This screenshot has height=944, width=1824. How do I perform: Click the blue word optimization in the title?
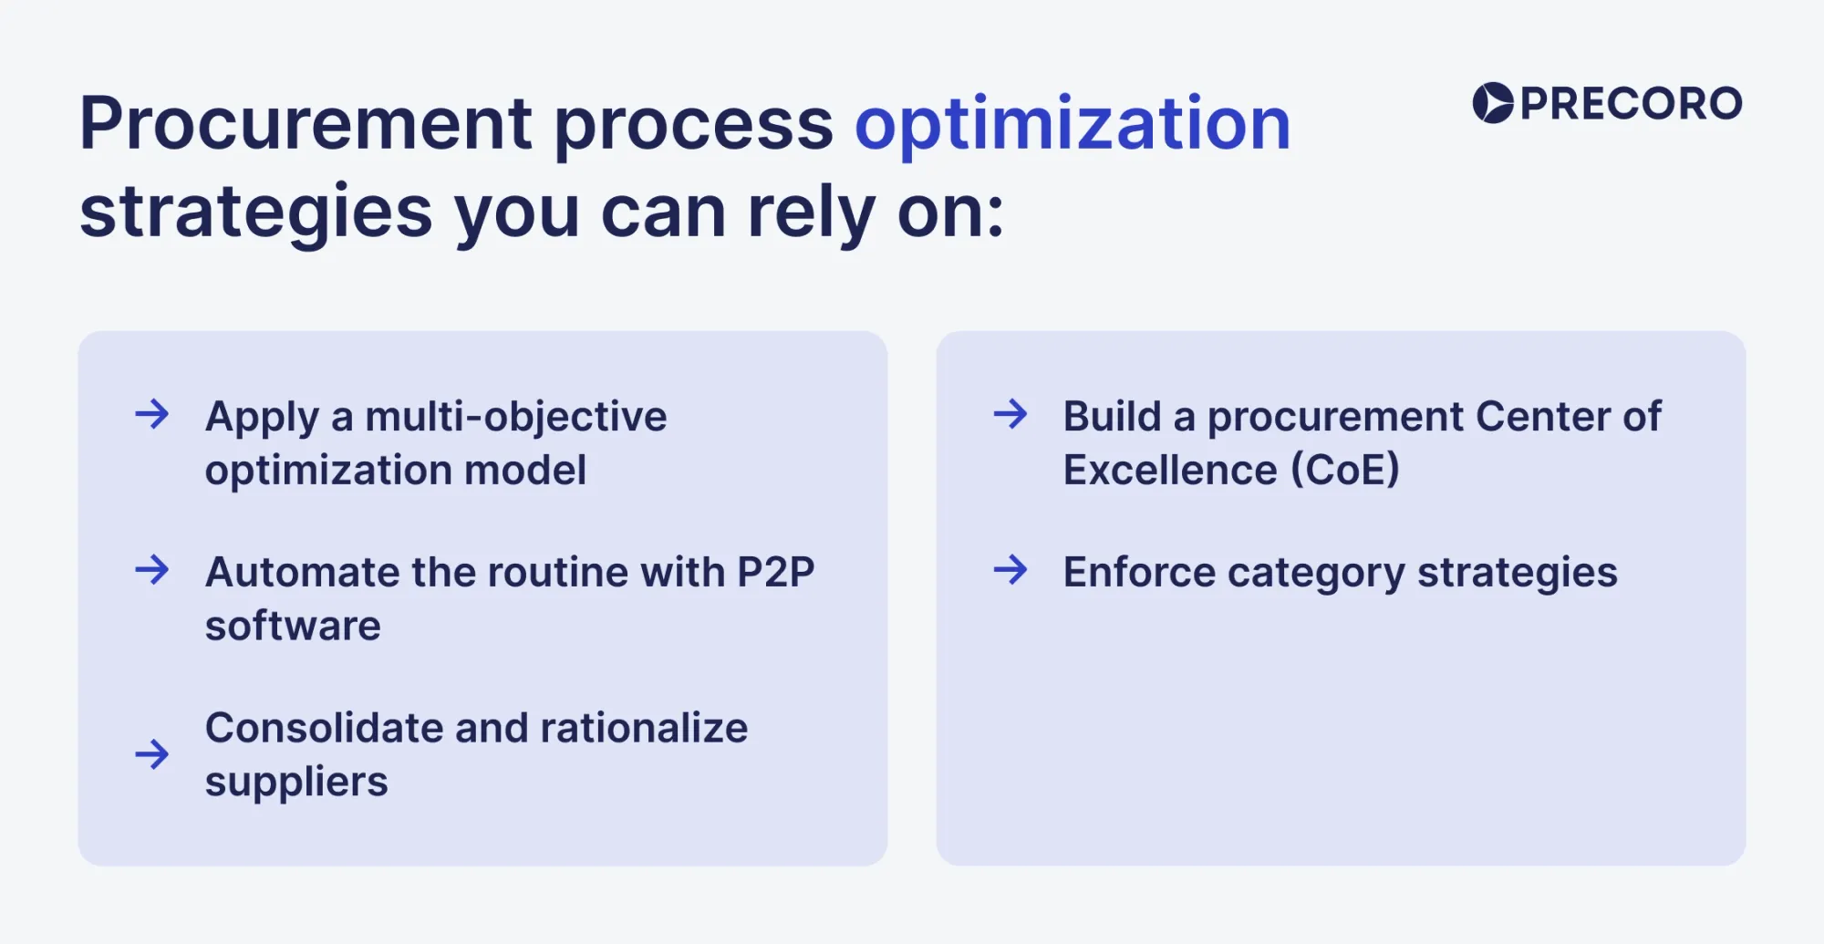pyautogui.click(x=1073, y=125)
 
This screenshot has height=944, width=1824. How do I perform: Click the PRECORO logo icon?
pyautogui.click(x=1493, y=103)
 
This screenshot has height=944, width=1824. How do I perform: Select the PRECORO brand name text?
pyautogui.click(x=1631, y=104)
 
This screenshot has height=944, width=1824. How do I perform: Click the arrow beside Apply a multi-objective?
pyautogui.click(x=152, y=414)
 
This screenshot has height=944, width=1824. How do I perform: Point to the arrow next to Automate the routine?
pyautogui.click(x=152, y=570)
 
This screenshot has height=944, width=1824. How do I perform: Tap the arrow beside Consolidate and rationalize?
pyautogui.click(x=152, y=753)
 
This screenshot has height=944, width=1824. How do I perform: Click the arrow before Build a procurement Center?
pyautogui.click(x=1010, y=414)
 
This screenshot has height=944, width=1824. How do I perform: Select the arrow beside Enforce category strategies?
pyautogui.click(x=1010, y=570)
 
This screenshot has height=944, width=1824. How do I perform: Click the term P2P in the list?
pyautogui.click(x=775, y=573)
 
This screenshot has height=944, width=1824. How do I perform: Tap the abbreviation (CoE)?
pyautogui.click(x=1344, y=471)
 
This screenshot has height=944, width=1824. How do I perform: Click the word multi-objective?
pyautogui.click(x=516, y=418)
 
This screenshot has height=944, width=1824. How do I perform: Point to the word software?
pyautogui.click(x=293, y=626)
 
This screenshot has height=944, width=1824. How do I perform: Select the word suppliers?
pyautogui.click(x=296, y=783)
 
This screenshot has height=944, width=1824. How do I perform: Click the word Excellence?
pyautogui.click(x=1170, y=471)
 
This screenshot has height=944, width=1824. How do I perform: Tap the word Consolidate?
pyautogui.click(x=323, y=728)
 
